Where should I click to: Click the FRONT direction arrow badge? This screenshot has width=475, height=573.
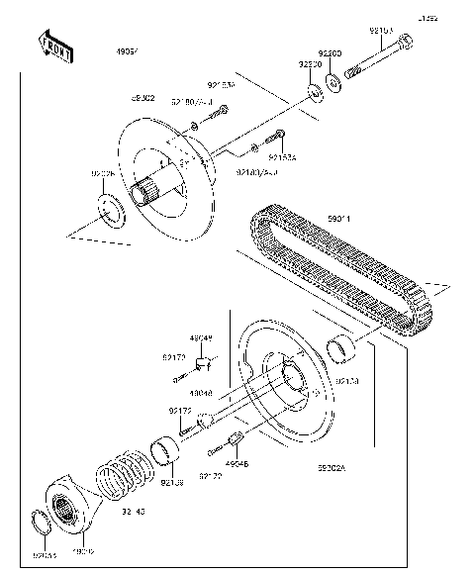click(x=54, y=47)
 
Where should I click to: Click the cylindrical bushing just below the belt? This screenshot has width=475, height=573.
click(x=343, y=348)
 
